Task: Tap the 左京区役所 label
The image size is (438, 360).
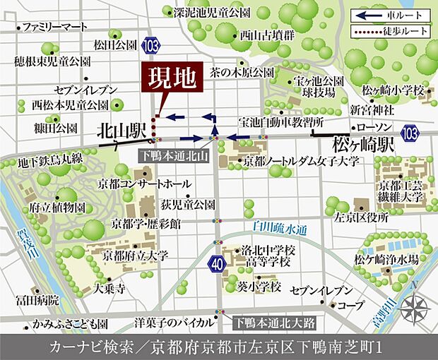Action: (x=362, y=218)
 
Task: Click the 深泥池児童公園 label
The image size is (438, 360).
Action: (x=212, y=13)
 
